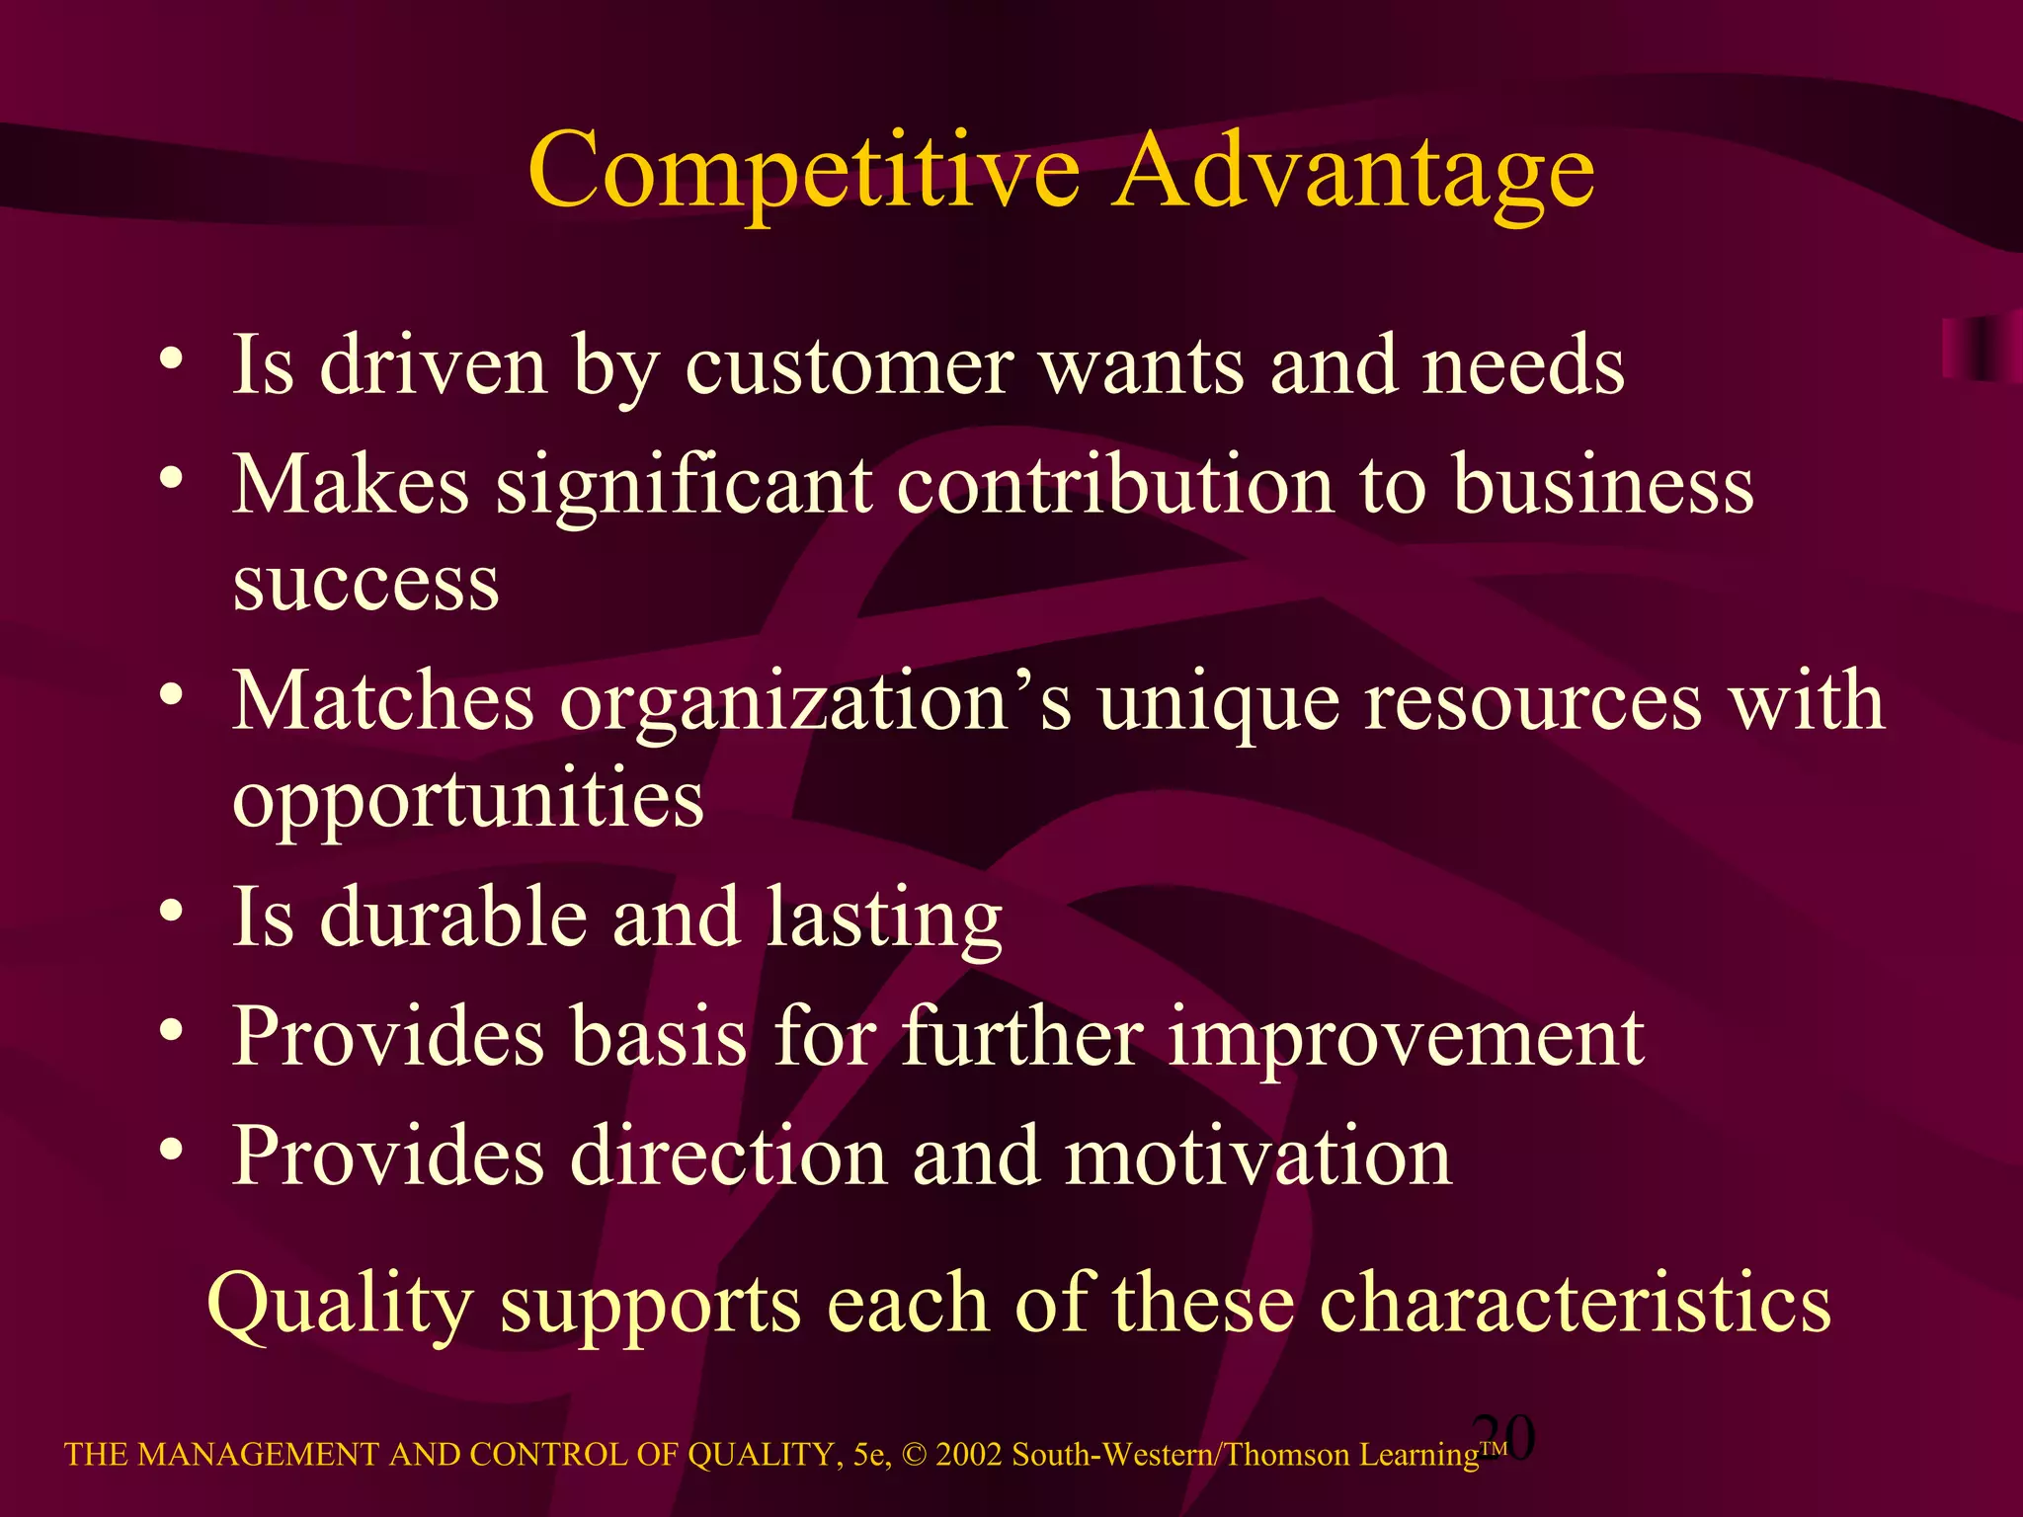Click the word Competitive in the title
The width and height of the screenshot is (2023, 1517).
[x=804, y=172]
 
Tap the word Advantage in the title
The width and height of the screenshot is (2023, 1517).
[x=1352, y=174]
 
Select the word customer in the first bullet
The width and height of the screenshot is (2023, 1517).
[x=849, y=365]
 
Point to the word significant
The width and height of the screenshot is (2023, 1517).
[x=684, y=487]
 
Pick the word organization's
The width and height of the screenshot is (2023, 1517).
[x=816, y=701]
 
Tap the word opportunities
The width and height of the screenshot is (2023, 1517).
[x=468, y=800]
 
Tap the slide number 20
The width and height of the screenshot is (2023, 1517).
[x=1503, y=1436]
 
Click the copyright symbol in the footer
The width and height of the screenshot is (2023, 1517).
[x=914, y=1455]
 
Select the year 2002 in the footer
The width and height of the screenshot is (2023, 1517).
[x=969, y=1455]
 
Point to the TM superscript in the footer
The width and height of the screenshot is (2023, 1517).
[x=1493, y=1448]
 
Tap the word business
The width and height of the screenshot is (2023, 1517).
[x=1602, y=487]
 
